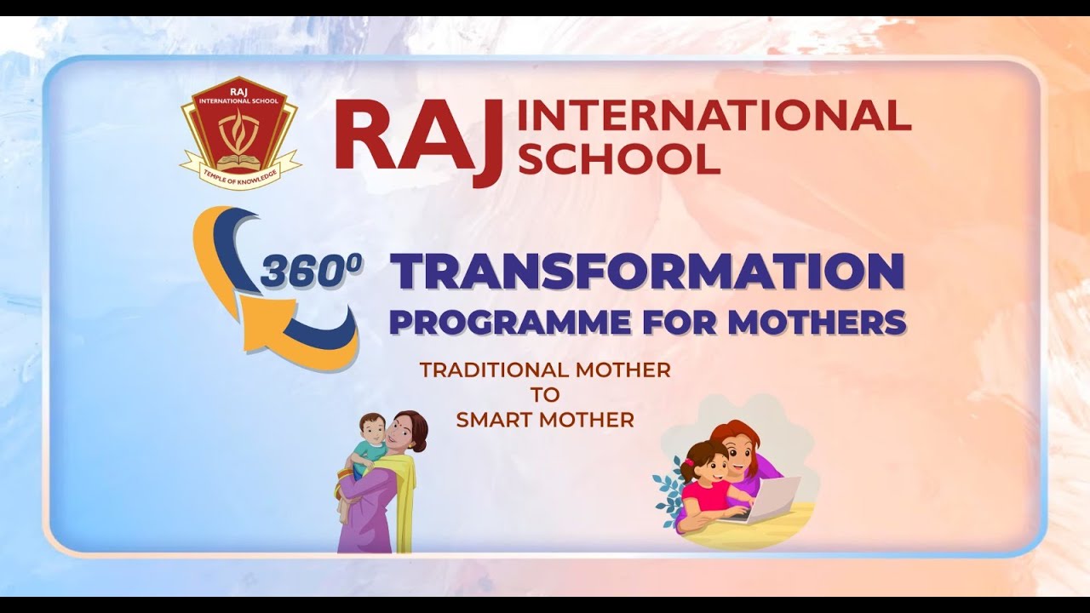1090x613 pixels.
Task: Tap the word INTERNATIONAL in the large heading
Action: tap(714, 117)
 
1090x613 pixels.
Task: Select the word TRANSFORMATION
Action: tap(647, 272)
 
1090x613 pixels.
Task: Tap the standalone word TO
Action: tap(545, 395)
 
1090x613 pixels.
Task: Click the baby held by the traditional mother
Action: tap(366, 451)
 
